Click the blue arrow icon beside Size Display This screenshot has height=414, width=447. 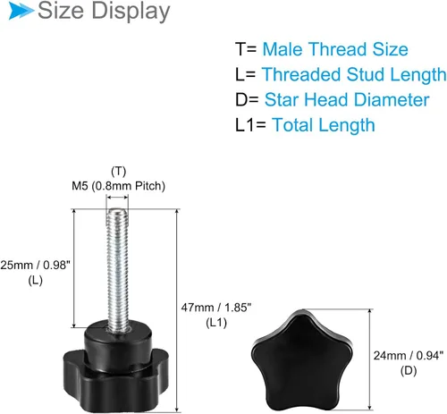tap(21, 11)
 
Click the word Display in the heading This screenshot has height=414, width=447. tap(131, 13)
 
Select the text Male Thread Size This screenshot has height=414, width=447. tap(335, 49)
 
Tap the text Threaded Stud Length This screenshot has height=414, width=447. tap(354, 74)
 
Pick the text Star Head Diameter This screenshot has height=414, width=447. tap(347, 99)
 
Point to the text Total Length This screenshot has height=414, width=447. tap(324, 125)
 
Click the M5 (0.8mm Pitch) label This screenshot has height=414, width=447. tap(118, 186)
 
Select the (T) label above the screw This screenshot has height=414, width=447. tap(118, 172)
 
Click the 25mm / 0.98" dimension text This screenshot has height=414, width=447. tap(35, 265)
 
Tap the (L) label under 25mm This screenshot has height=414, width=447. tap(35, 280)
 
